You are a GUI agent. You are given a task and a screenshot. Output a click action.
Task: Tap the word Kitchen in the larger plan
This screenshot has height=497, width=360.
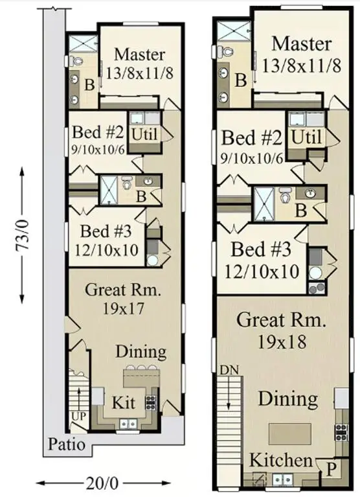(280, 460)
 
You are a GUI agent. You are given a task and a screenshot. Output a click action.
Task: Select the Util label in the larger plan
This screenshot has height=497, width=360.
(306, 137)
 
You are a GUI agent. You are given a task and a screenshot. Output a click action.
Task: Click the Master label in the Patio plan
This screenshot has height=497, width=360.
(139, 54)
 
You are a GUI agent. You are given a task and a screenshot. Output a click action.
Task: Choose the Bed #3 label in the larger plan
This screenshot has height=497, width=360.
(265, 249)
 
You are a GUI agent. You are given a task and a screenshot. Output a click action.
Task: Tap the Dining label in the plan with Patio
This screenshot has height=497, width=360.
(141, 352)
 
